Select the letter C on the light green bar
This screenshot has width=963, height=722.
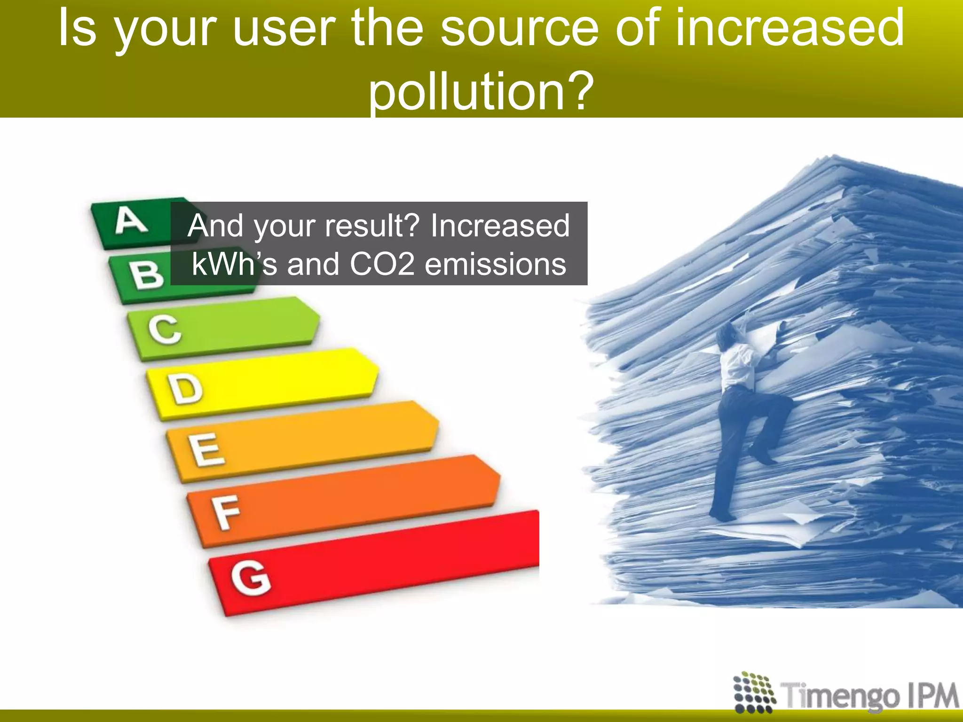point(165,330)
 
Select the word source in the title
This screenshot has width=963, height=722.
point(520,28)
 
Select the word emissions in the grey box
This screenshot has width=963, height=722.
point(496,264)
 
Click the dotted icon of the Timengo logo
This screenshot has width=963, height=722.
point(754,692)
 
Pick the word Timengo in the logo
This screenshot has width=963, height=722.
point(840,696)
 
